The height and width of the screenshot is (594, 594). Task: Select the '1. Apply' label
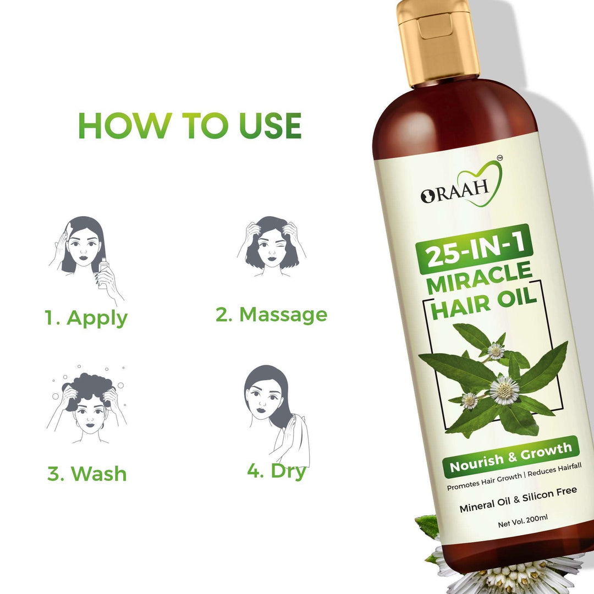click(x=86, y=318)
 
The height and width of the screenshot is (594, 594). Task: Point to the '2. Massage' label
click(x=271, y=315)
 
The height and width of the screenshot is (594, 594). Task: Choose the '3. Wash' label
click(x=87, y=474)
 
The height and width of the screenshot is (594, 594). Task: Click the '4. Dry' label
click(x=277, y=471)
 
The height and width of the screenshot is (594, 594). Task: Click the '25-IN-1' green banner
click(x=475, y=250)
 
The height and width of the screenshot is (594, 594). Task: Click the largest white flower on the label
click(x=504, y=389)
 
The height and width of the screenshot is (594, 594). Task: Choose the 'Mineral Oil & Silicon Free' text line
click(x=518, y=499)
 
